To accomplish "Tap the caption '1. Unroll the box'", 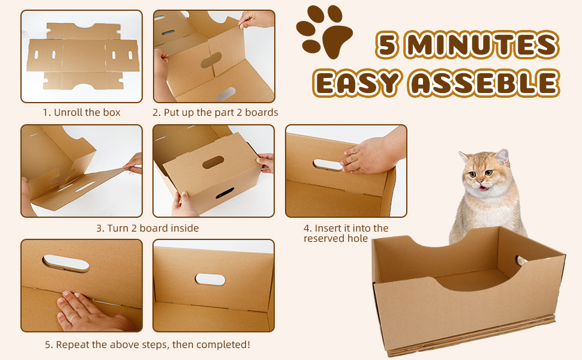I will (x=82, y=112).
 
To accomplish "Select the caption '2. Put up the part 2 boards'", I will (x=215, y=112).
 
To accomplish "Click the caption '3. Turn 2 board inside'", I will (x=148, y=228).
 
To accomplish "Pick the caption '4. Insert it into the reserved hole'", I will (x=346, y=233).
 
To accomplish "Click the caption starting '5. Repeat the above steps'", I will (x=148, y=344).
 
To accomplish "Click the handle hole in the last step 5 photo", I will (x=210, y=279).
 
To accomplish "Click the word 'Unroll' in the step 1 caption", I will (x=68, y=112).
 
